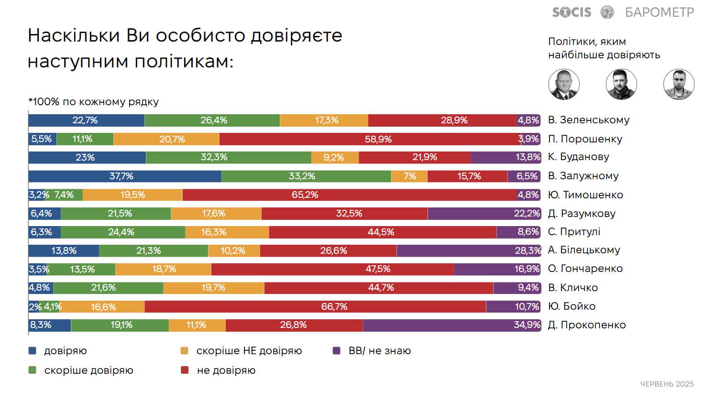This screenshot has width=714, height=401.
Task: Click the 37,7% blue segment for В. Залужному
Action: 124,176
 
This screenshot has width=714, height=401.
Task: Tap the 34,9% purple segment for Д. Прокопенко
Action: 451,325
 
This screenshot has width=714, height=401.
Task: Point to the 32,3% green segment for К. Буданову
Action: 229,157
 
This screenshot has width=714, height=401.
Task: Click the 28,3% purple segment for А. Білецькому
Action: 468,250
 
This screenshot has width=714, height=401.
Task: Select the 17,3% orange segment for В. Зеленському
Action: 324,120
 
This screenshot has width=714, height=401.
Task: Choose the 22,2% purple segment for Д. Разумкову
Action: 484,213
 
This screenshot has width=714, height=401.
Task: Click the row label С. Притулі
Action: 574,232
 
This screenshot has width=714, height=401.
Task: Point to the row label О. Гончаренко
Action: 585,269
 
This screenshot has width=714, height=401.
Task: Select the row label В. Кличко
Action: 572,287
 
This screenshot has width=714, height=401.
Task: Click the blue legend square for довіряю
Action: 33,351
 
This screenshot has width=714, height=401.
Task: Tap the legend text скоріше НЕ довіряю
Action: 249,351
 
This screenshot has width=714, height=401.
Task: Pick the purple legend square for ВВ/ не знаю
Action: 337,351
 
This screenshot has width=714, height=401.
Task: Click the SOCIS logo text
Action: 571,12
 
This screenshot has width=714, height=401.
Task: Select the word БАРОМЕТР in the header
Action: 659,12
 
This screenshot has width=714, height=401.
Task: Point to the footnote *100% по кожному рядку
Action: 93,102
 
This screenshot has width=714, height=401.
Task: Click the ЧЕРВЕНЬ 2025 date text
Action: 667,384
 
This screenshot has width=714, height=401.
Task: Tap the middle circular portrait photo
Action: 621,85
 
